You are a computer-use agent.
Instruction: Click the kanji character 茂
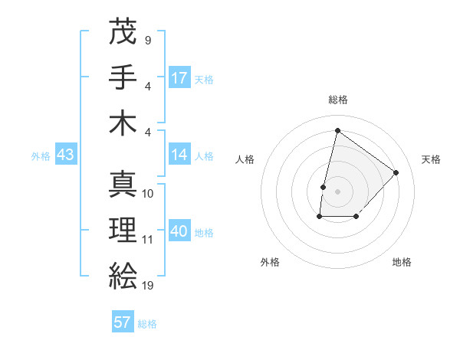tap(123, 31)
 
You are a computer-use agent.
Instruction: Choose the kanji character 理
tap(123, 229)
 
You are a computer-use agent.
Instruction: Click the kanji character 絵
tap(123, 273)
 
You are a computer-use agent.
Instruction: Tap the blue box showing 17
tap(179, 78)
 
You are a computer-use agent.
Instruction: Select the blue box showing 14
tap(179, 155)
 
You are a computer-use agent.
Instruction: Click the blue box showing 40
tap(179, 231)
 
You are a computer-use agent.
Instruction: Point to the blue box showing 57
tap(123, 322)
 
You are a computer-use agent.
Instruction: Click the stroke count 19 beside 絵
tap(148, 285)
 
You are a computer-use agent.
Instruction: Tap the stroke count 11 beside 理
tap(148, 240)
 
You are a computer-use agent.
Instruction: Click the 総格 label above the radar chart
tap(338, 100)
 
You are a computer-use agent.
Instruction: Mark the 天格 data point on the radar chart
tap(396, 172)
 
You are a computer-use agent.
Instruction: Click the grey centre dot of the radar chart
tap(337, 191)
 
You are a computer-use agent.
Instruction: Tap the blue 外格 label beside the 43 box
tap(41, 156)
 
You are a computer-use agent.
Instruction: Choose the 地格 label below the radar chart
tap(402, 262)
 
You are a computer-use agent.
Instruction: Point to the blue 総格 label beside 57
tap(147, 324)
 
